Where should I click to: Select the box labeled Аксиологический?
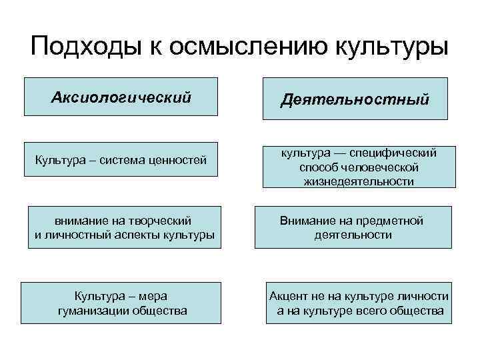[x=121, y=97]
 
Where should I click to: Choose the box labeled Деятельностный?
[x=355, y=99]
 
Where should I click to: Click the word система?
[x=127, y=159]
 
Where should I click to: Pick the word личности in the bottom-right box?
[x=424, y=296]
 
